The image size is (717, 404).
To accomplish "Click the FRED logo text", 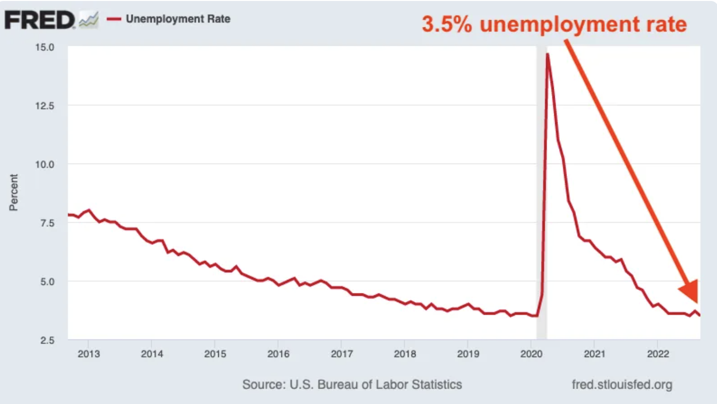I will [x=39, y=20].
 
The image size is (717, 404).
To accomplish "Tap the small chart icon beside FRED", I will [x=89, y=20].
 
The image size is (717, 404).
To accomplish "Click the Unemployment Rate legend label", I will [x=178, y=19].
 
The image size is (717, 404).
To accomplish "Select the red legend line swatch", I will [x=114, y=19].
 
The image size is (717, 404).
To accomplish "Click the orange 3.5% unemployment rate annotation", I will [x=554, y=24].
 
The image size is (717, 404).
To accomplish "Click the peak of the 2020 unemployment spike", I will [x=548, y=54].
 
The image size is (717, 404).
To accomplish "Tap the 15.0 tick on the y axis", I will [x=45, y=47].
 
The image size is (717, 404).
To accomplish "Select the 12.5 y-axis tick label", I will [x=45, y=106].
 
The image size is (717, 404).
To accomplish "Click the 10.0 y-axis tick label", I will [x=45, y=164].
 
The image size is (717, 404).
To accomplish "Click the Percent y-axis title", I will [x=13, y=192].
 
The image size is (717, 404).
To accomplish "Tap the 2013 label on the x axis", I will [x=89, y=354].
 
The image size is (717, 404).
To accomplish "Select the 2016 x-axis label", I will [x=278, y=354].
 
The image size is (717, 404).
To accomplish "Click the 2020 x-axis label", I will [x=531, y=354].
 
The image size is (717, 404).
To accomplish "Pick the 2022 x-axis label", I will [x=658, y=354].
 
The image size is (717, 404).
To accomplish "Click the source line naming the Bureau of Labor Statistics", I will [x=352, y=384].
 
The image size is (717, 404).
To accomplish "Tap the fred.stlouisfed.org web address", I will [x=622, y=384].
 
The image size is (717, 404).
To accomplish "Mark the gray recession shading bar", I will [x=541, y=192].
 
